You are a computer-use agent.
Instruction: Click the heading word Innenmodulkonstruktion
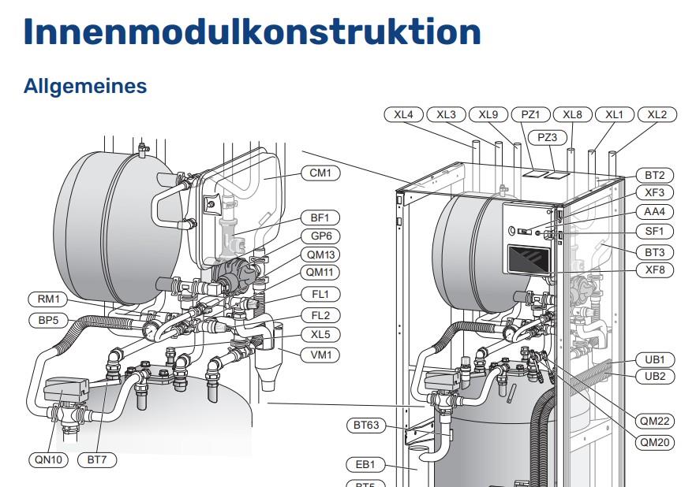coord(253,32)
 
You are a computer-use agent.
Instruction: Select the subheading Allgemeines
coord(84,86)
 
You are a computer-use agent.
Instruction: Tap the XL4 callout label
coord(403,115)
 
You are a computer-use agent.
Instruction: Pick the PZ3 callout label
coord(548,137)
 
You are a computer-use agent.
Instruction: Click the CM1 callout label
coord(320,173)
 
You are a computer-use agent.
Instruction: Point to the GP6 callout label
coord(321,236)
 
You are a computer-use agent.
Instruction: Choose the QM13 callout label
coord(321,255)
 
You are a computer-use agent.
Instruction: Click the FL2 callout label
coord(320,315)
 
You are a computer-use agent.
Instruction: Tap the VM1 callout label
coord(320,355)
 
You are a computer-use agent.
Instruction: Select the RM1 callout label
coord(48,299)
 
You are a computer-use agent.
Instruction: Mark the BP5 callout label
coord(48,320)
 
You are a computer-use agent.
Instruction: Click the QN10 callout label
coord(48,459)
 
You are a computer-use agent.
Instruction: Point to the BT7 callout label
coord(97,459)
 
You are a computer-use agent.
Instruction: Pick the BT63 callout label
coord(366,426)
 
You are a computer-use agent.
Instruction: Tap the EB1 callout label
coord(366,464)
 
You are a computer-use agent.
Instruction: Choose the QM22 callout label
coord(655,421)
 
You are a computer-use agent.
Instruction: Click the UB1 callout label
coord(655,359)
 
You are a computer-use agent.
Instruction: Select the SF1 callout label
coord(655,231)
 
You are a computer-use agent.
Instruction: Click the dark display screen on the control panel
coord(529,260)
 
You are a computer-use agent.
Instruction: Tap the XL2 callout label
coord(657,115)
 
